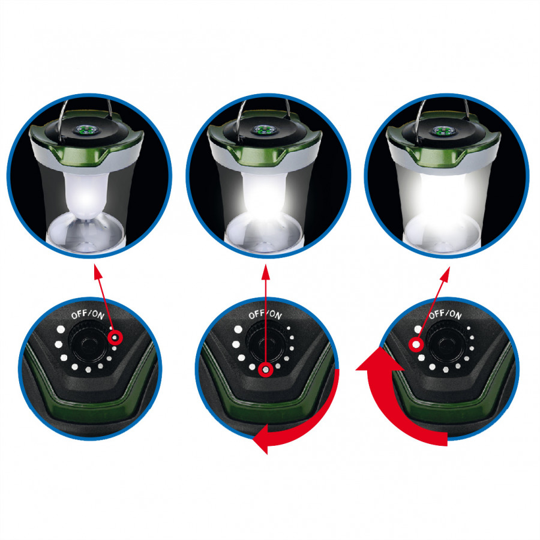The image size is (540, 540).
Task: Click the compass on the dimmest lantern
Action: click(85, 130)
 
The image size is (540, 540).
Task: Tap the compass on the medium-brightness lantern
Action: click(264, 130)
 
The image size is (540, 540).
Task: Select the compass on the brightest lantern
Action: click(443, 131)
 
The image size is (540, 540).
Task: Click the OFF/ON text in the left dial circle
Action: click(88, 314)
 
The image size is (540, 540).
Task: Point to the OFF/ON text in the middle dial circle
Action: click(265, 314)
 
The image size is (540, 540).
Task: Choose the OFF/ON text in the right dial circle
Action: click(445, 313)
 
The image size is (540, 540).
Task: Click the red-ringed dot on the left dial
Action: click(115, 338)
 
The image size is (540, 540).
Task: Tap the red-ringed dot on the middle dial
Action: click(266, 370)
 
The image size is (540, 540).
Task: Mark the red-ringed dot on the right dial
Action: click(416, 344)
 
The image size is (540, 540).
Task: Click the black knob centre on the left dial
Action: click(88, 343)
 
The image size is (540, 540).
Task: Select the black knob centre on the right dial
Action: click(446, 343)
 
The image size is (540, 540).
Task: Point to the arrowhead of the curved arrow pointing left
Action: click(261, 439)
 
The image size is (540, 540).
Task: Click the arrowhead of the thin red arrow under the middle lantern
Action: click(266, 271)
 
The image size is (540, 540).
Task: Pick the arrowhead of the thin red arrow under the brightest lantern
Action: click(446, 274)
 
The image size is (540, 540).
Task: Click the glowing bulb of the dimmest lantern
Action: click(87, 195)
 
